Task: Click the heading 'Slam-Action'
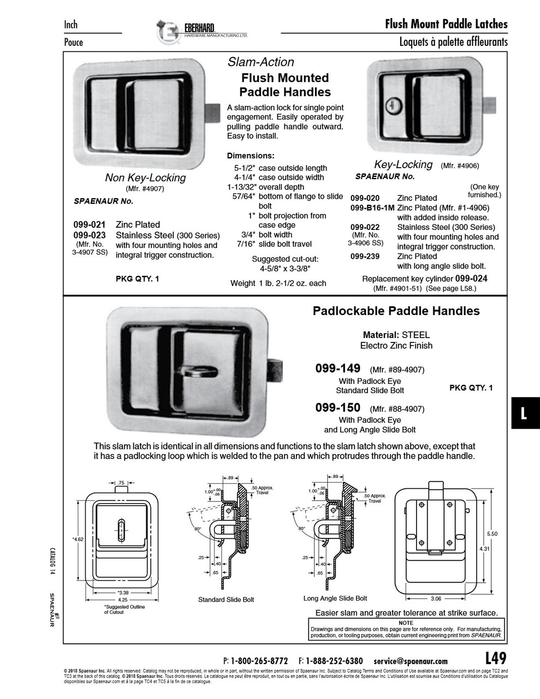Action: [x=260, y=62]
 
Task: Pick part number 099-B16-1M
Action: [x=372, y=208]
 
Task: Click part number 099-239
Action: [x=365, y=256]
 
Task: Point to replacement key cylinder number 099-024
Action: [x=471, y=279]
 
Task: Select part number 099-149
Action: [x=337, y=369]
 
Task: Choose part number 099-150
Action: [x=337, y=408]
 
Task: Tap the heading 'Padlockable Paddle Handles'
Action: [x=396, y=311]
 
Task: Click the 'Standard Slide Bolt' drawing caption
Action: [x=226, y=600]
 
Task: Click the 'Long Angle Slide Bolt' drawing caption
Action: [x=335, y=598]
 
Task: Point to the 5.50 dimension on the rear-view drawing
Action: [x=491, y=534]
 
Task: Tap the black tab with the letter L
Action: [x=524, y=413]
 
